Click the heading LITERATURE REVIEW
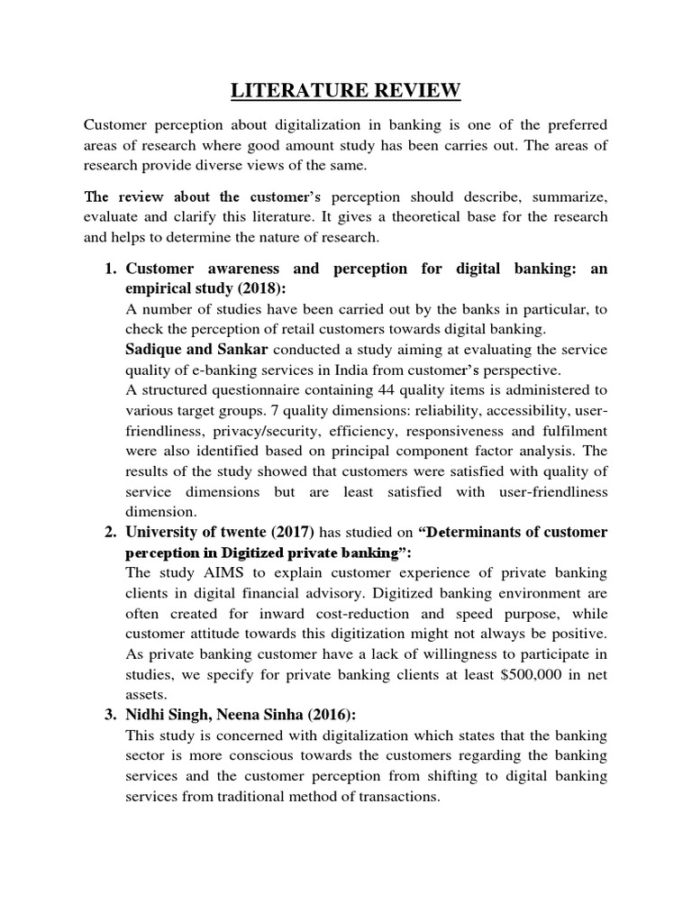pyautogui.click(x=345, y=90)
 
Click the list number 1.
pyautogui.click(x=109, y=269)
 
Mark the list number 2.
pyautogui.click(x=109, y=532)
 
